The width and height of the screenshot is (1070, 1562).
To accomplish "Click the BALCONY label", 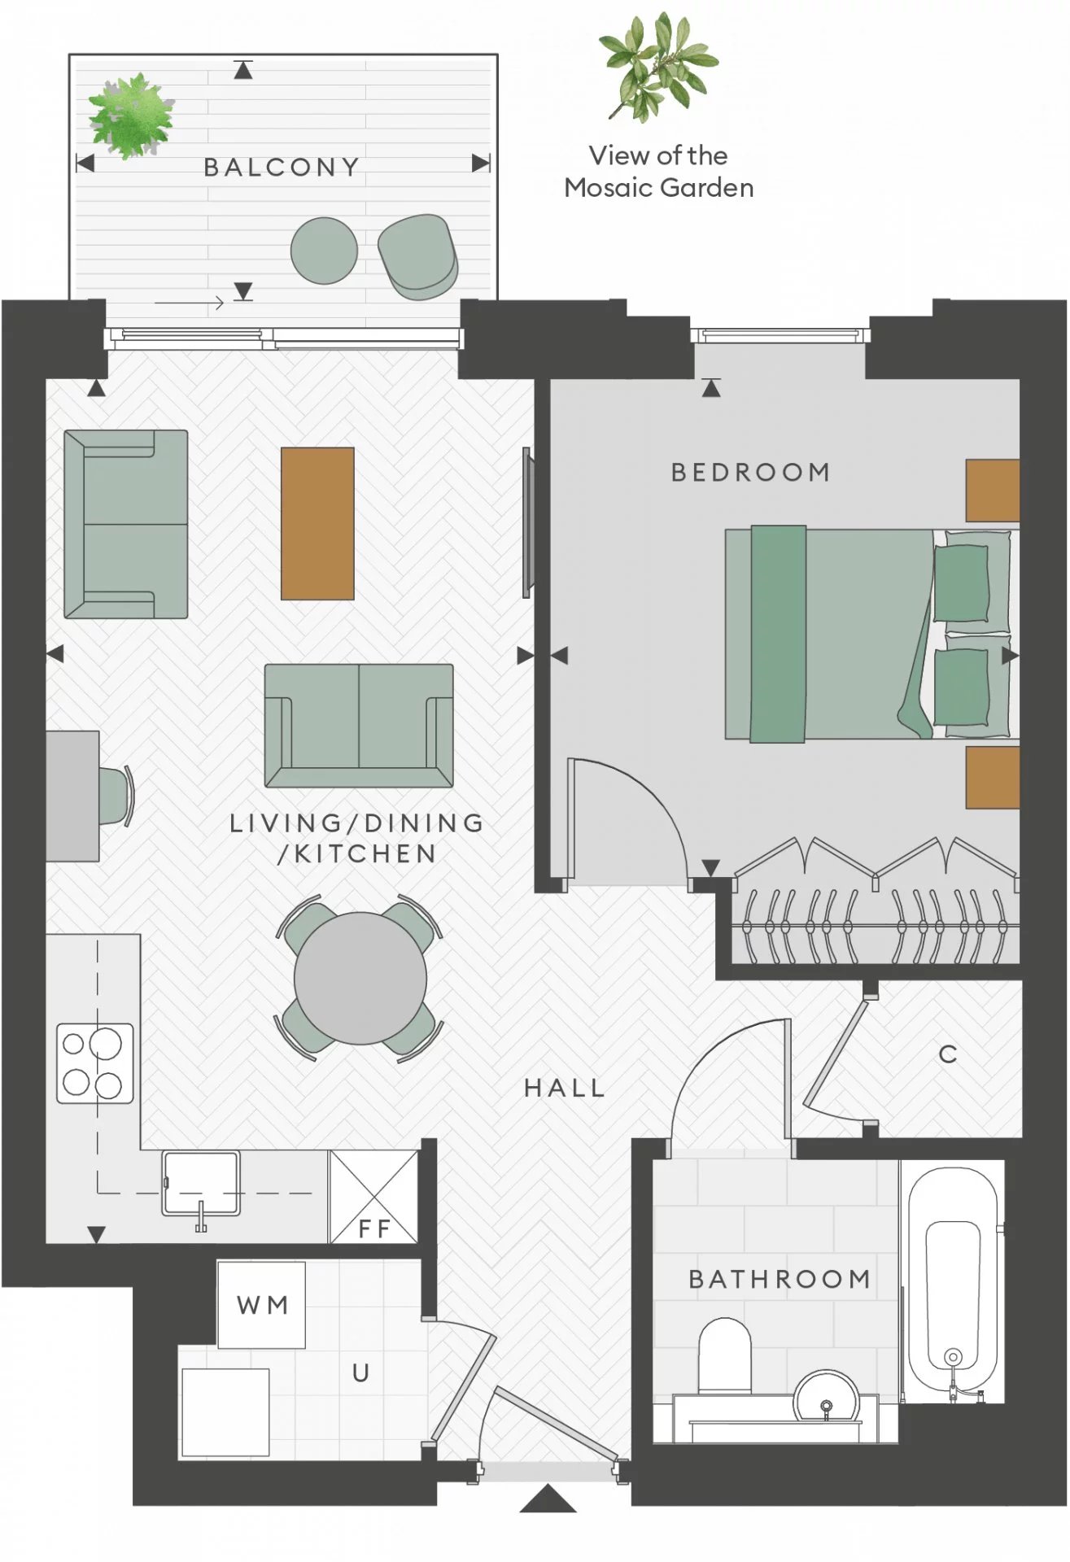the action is [x=281, y=167].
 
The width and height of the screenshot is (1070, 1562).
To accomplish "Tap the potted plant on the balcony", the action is [x=130, y=116].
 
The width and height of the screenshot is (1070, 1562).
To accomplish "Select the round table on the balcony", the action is [x=324, y=251].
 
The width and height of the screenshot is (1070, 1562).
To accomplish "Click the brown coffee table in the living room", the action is [x=317, y=523].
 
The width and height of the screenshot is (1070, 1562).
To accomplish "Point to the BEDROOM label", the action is [x=750, y=472].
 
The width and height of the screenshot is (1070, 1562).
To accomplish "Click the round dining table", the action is [x=360, y=978].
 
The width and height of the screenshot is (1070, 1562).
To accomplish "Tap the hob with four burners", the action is [x=94, y=1063].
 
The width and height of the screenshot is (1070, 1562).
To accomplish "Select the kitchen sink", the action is [x=201, y=1184].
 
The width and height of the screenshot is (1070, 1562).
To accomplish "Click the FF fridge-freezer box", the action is [x=373, y=1197].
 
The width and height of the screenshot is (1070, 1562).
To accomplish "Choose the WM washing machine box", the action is [x=261, y=1305].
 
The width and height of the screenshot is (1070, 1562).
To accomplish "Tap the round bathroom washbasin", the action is [x=827, y=1398].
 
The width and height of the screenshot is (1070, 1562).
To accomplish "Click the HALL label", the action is [x=565, y=1089].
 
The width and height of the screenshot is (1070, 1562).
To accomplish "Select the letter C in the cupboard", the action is [x=947, y=1054].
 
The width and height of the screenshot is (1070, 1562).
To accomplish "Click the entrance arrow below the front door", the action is [x=548, y=1499].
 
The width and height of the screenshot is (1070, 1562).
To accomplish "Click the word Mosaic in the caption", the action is [x=609, y=188].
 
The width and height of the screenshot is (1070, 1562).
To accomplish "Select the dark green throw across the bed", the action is [x=778, y=635].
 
